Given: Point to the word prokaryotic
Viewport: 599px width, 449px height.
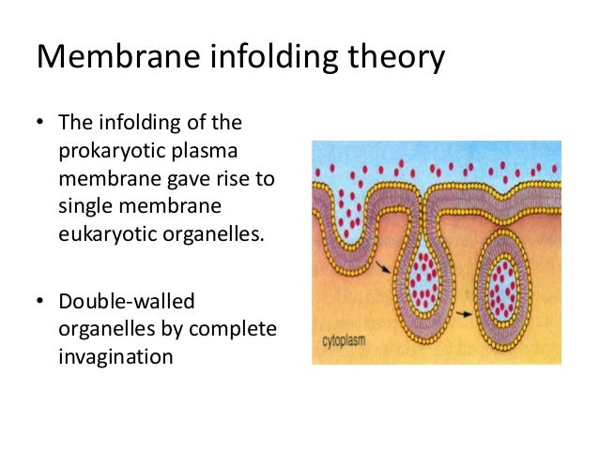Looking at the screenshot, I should (107, 151).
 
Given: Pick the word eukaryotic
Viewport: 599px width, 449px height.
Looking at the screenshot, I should (105, 233).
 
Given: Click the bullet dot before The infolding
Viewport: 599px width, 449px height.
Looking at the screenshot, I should (41, 124).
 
